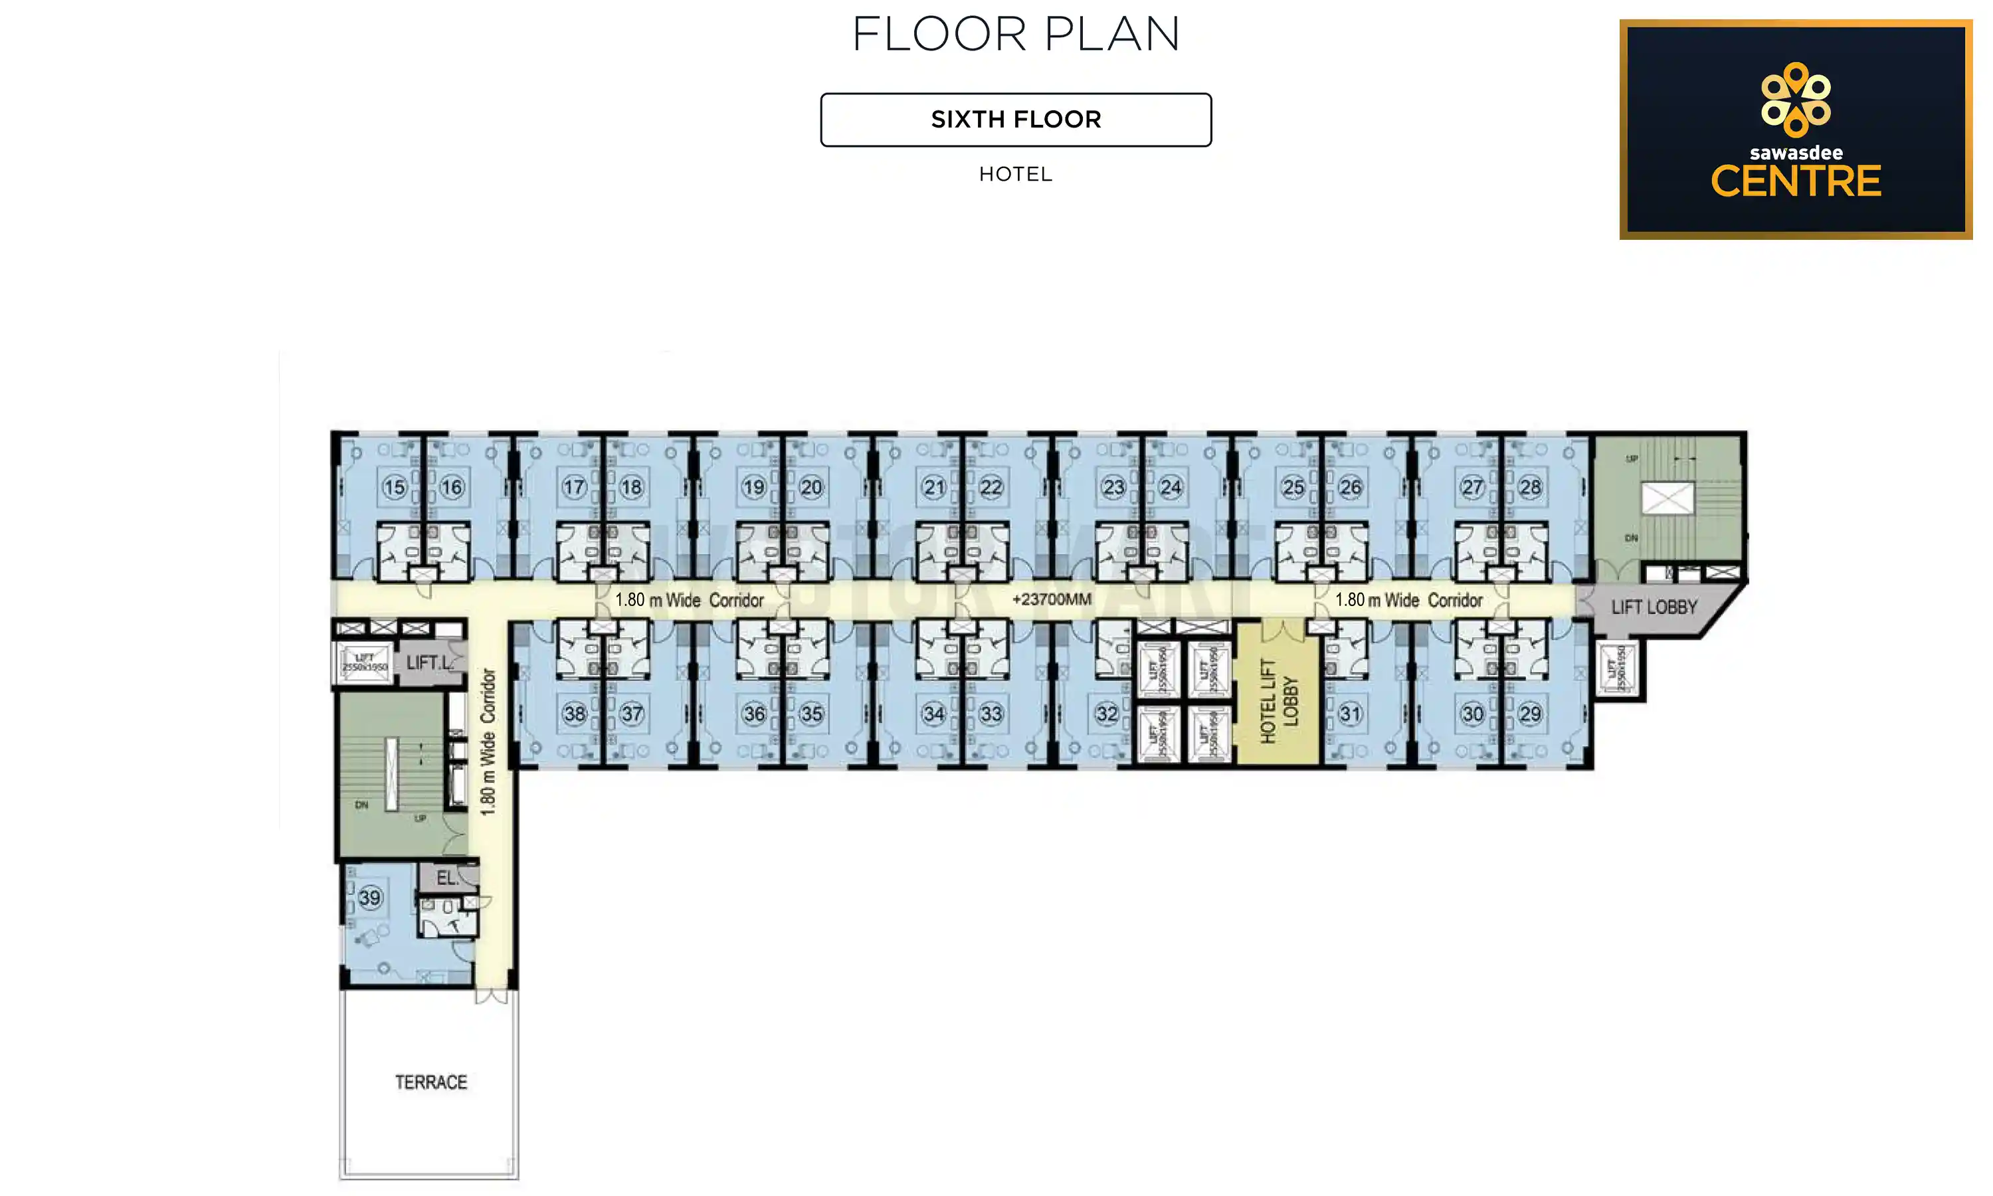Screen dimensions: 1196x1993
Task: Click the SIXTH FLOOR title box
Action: [x=1015, y=120]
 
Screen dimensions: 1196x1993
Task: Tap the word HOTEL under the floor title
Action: [x=1015, y=174]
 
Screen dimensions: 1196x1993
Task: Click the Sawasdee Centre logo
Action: [x=1795, y=130]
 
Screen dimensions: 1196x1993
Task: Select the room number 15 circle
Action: [x=394, y=487]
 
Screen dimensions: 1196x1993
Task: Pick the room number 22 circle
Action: [x=991, y=487]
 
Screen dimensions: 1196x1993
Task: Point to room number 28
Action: [x=1529, y=487]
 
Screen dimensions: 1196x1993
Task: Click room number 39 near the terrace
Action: [x=370, y=897]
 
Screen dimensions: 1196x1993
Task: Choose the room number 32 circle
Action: [x=1107, y=713]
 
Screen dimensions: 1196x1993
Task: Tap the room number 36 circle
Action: [x=754, y=713]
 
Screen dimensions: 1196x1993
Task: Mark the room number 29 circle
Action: [x=1529, y=713]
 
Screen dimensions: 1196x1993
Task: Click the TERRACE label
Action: [x=431, y=1082]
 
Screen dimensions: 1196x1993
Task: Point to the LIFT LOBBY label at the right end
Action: [x=1654, y=607]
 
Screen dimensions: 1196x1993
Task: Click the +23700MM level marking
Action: [x=1051, y=599]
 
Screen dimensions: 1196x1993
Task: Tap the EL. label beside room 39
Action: [x=447, y=878]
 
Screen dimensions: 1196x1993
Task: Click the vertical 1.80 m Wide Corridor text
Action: [x=488, y=742]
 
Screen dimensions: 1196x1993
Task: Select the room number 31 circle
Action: [x=1349, y=713]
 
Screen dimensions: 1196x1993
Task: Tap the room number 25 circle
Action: [x=1293, y=487]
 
